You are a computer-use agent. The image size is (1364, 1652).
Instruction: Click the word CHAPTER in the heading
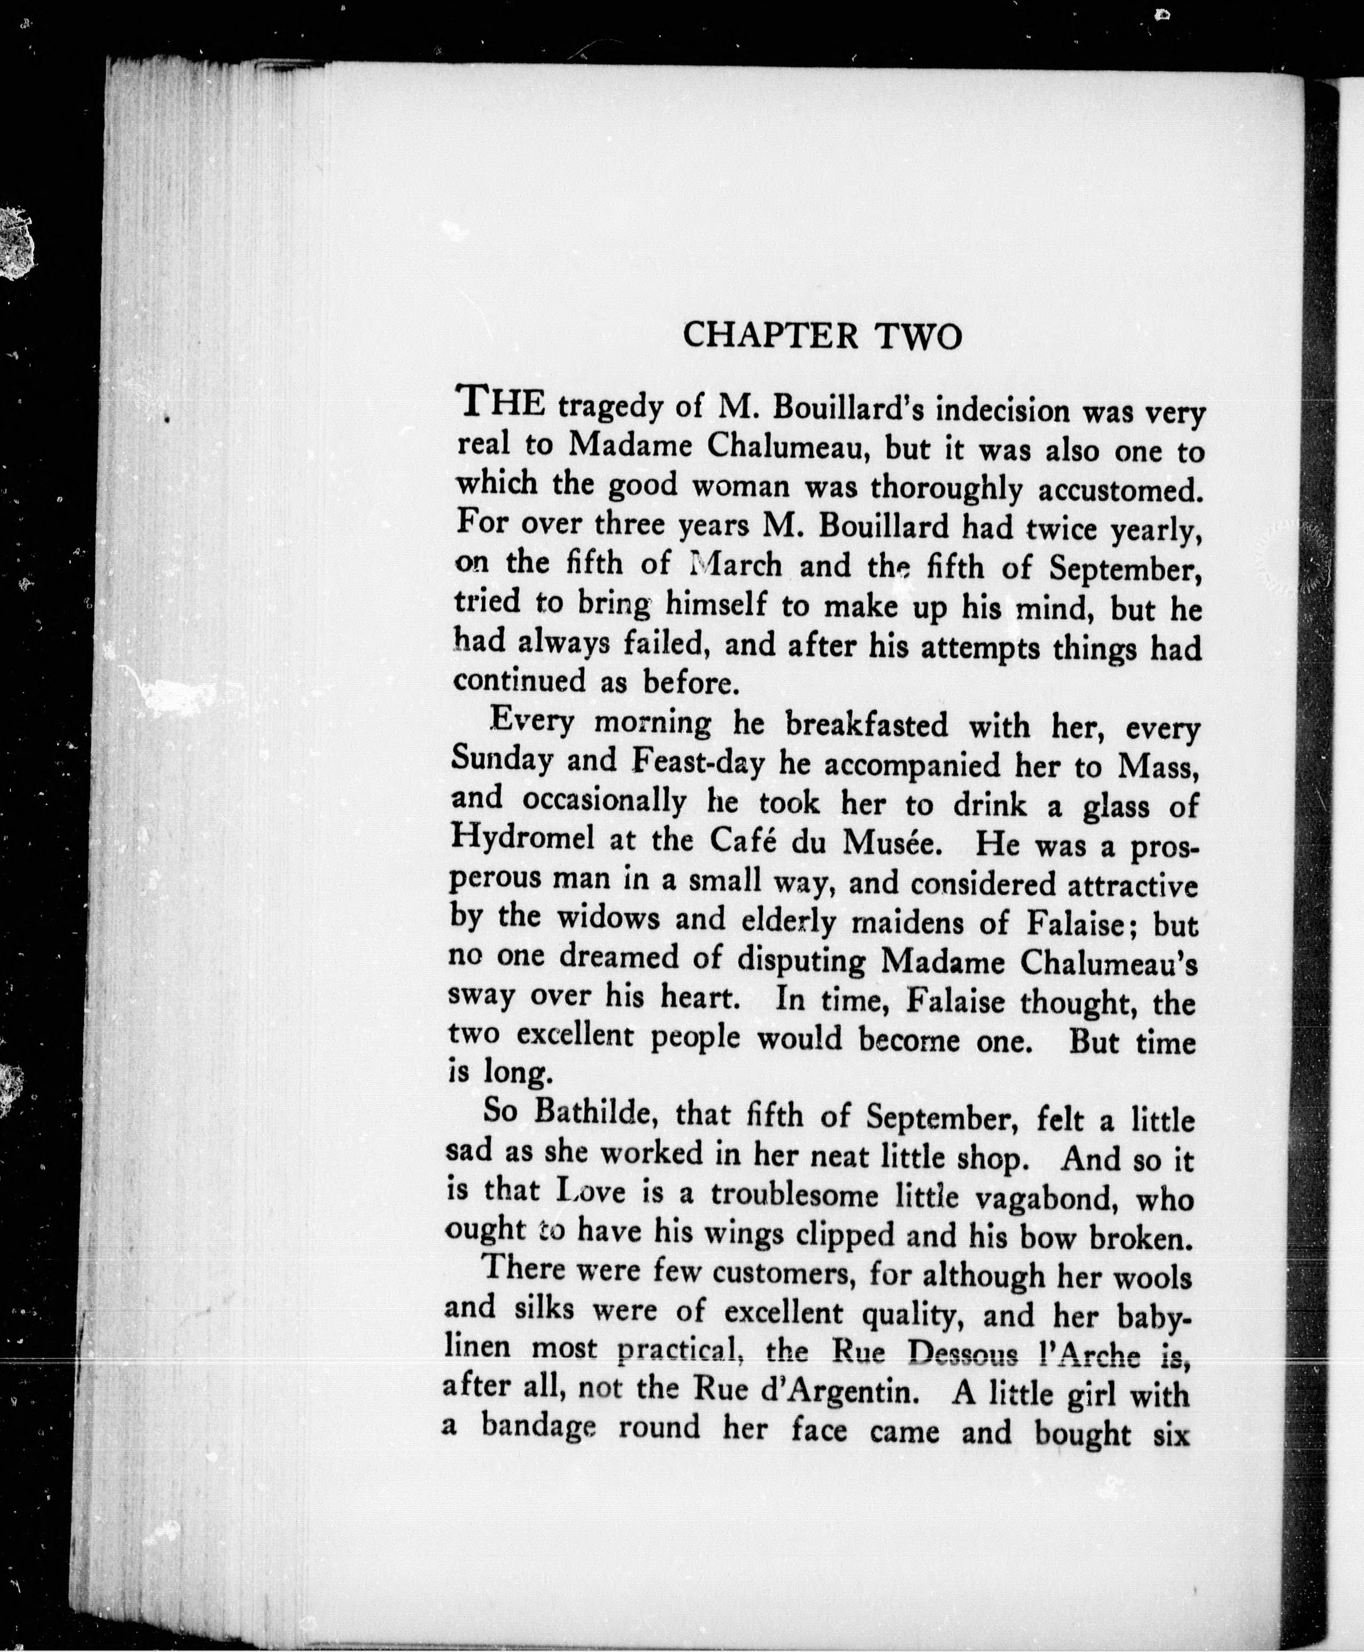770,336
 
